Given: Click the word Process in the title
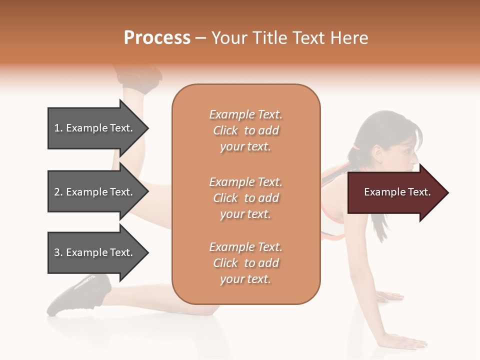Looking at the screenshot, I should (157, 38).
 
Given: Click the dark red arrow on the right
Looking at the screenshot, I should (397, 192).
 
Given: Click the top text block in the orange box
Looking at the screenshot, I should (245, 130).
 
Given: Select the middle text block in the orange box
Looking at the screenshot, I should (245, 198).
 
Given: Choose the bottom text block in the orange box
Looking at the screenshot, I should (245, 263).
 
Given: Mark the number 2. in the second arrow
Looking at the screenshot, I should (58, 192).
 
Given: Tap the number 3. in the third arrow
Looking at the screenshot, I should (58, 252).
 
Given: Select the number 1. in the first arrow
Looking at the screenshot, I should (58, 128).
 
